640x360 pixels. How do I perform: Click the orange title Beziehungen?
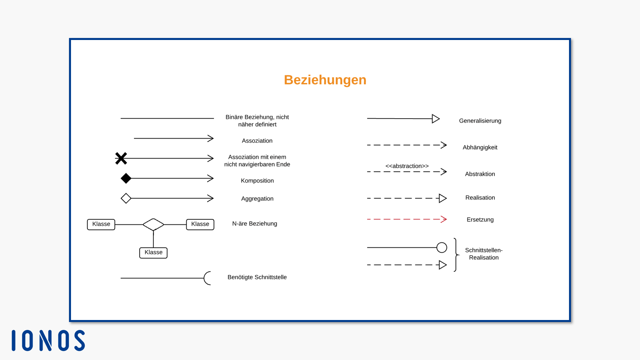click(325, 80)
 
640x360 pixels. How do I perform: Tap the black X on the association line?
click(121, 158)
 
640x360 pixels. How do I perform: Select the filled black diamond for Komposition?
click(126, 178)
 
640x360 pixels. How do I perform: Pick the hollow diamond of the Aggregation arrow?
click(126, 198)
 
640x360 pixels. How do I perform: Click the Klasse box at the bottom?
click(153, 253)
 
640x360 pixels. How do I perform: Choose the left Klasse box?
click(101, 224)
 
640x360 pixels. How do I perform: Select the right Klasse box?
click(200, 224)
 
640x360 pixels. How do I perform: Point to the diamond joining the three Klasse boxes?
click(153, 224)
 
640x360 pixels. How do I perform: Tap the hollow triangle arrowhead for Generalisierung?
click(436, 119)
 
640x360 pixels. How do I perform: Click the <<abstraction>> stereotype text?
click(407, 166)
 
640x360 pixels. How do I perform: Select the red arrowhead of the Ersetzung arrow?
click(444, 219)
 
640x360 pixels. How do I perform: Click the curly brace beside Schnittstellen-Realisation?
click(456, 255)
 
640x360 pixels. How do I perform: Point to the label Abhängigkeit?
click(480, 147)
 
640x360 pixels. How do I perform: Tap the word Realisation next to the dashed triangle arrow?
click(480, 198)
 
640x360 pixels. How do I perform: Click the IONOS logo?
click(48, 340)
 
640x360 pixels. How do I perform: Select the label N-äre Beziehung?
click(255, 224)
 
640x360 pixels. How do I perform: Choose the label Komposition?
click(257, 181)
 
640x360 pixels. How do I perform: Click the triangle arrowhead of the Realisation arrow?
click(443, 198)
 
